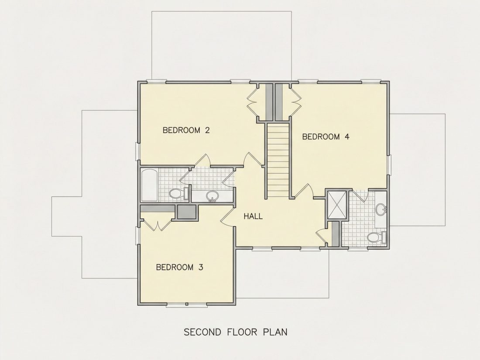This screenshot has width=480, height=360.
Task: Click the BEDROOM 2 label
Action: (186, 130)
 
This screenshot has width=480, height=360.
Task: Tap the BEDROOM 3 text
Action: (179, 267)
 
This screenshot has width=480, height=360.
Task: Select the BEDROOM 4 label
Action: (326, 137)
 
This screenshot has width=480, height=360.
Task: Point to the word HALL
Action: (253, 216)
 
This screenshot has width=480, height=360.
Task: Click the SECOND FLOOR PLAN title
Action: (235, 332)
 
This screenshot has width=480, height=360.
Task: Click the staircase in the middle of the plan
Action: (278, 160)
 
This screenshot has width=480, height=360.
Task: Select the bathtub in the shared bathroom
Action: (150, 185)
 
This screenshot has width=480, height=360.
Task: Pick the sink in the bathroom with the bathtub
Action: (212, 196)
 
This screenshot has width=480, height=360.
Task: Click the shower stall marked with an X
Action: (337, 205)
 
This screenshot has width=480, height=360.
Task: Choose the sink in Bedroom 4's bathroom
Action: (381, 209)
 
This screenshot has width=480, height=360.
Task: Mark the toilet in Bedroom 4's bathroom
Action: (376, 237)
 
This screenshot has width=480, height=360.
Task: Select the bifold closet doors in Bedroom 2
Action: (253, 102)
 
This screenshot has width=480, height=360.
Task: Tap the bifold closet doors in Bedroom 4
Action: (295, 102)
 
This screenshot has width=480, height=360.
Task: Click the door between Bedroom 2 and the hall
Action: (254, 160)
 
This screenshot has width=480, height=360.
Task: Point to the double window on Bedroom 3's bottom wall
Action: (186, 305)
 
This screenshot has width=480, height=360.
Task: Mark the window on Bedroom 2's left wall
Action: (138, 151)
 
